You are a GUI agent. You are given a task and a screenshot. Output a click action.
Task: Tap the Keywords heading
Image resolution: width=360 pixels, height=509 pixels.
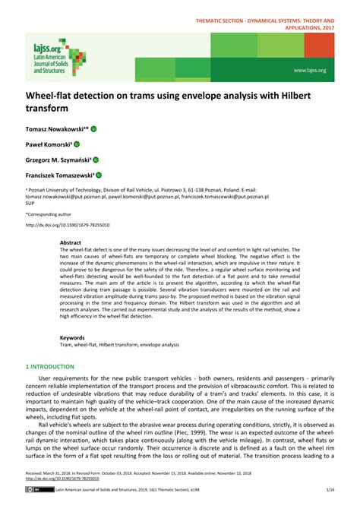[73, 337]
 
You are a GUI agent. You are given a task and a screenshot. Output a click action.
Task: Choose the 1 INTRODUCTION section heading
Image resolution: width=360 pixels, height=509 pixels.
[51, 366]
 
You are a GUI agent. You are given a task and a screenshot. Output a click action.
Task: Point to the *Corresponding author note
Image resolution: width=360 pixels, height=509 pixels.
[50, 214]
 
